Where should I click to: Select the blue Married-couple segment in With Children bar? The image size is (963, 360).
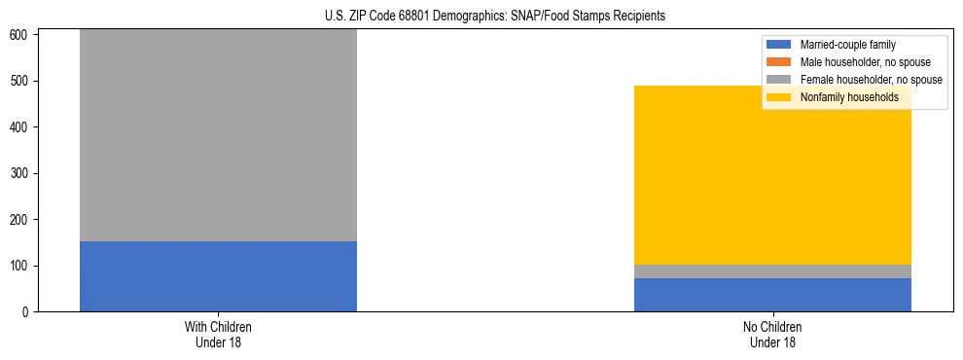pos(218,276)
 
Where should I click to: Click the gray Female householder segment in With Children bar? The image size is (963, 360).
pos(218,136)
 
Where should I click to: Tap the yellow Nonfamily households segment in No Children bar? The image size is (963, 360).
pos(772,175)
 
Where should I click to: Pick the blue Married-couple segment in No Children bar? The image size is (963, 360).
pos(772,295)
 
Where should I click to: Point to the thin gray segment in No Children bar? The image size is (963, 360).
pos(772,271)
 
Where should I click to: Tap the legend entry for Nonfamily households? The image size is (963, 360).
pos(849,97)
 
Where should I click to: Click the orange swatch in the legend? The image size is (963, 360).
pos(780,62)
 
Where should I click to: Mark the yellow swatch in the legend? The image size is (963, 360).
pos(780,97)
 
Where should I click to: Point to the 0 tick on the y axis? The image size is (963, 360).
pos(26,312)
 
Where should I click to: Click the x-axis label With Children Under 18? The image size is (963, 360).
pos(218,334)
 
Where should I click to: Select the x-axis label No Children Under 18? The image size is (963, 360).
pos(772,334)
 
